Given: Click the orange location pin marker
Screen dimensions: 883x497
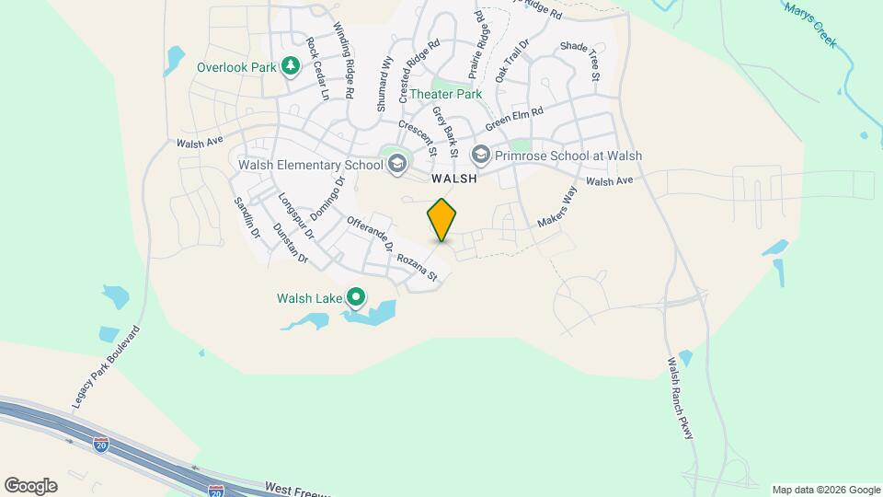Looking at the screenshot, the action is tap(442, 219).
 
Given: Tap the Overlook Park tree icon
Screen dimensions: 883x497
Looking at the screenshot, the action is tap(291, 65).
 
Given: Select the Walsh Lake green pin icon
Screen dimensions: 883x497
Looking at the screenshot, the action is tap(355, 297).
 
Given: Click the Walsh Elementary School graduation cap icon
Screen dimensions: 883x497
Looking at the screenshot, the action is tap(397, 165).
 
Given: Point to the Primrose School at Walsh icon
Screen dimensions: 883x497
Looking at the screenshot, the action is tap(479, 156).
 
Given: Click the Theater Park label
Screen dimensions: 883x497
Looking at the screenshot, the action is tap(446, 94).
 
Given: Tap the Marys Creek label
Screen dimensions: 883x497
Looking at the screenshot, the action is tap(810, 24).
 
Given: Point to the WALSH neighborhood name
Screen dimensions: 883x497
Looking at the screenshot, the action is tap(453, 179).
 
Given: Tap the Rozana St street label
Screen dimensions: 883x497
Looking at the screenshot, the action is tap(422, 268).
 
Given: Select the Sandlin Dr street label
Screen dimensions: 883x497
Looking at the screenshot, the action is tap(247, 218).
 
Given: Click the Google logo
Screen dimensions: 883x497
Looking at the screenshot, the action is tap(30, 486).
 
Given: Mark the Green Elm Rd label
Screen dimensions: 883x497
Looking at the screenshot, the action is tap(515, 118).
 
